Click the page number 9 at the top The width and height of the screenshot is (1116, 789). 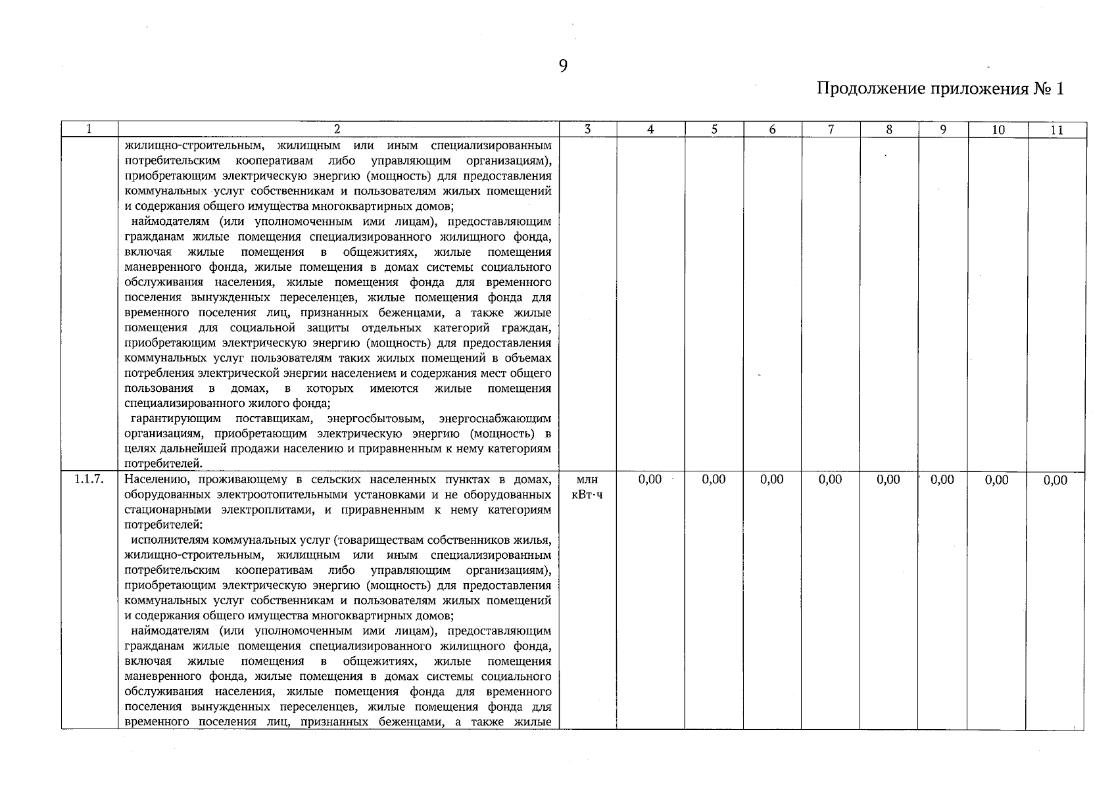click(x=563, y=66)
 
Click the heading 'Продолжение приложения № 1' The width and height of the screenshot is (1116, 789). click(x=940, y=89)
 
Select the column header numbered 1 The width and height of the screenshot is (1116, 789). click(x=89, y=130)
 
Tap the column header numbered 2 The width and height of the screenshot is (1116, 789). click(x=337, y=130)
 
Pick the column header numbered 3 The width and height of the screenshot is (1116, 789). click(x=587, y=130)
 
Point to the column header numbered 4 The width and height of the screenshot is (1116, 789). click(x=650, y=130)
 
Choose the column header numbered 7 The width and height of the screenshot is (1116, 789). click(x=831, y=130)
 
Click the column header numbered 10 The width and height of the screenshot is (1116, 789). click(x=998, y=130)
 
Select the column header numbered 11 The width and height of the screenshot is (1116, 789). click(x=1056, y=130)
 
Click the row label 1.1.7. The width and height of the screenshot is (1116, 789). click(x=89, y=479)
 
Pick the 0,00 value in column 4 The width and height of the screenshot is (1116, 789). click(x=650, y=480)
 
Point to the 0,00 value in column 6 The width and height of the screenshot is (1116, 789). click(x=772, y=480)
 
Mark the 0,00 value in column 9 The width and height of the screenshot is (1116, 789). click(x=942, y=480)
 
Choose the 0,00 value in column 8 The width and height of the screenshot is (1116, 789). click(x=888, y=480)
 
